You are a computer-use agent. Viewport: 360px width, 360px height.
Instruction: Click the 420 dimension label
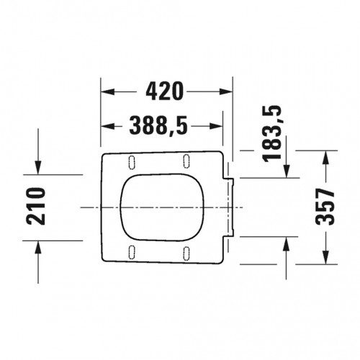(165, 91)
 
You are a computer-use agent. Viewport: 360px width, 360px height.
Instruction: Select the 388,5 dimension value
(158, 125)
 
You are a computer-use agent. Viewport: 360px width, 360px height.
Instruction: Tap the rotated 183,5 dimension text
(271, 133)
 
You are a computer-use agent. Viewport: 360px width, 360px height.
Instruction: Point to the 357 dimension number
(325, 207)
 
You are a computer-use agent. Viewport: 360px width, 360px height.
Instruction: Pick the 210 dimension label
(36, 207)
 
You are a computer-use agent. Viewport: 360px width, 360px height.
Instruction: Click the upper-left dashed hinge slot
(132, 163)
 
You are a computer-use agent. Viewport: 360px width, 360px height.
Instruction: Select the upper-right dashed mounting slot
(186, 161)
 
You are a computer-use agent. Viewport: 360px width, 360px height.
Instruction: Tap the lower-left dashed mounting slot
(132, 252)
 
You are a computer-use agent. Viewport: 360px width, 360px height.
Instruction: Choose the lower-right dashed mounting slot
(186, 253)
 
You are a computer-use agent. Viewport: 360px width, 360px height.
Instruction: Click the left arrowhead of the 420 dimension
(107, 91)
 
